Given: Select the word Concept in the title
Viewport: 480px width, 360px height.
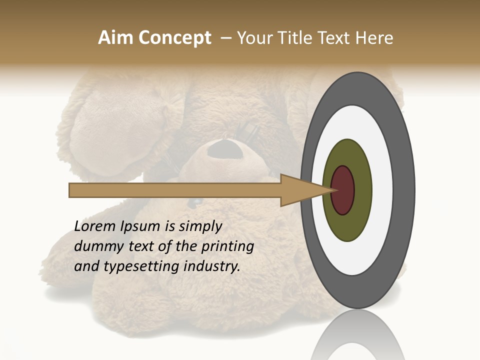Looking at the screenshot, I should [175, 38].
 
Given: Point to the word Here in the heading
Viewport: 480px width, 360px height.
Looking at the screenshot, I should [374, 38].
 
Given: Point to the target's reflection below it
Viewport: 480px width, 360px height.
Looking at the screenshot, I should [357, 335].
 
